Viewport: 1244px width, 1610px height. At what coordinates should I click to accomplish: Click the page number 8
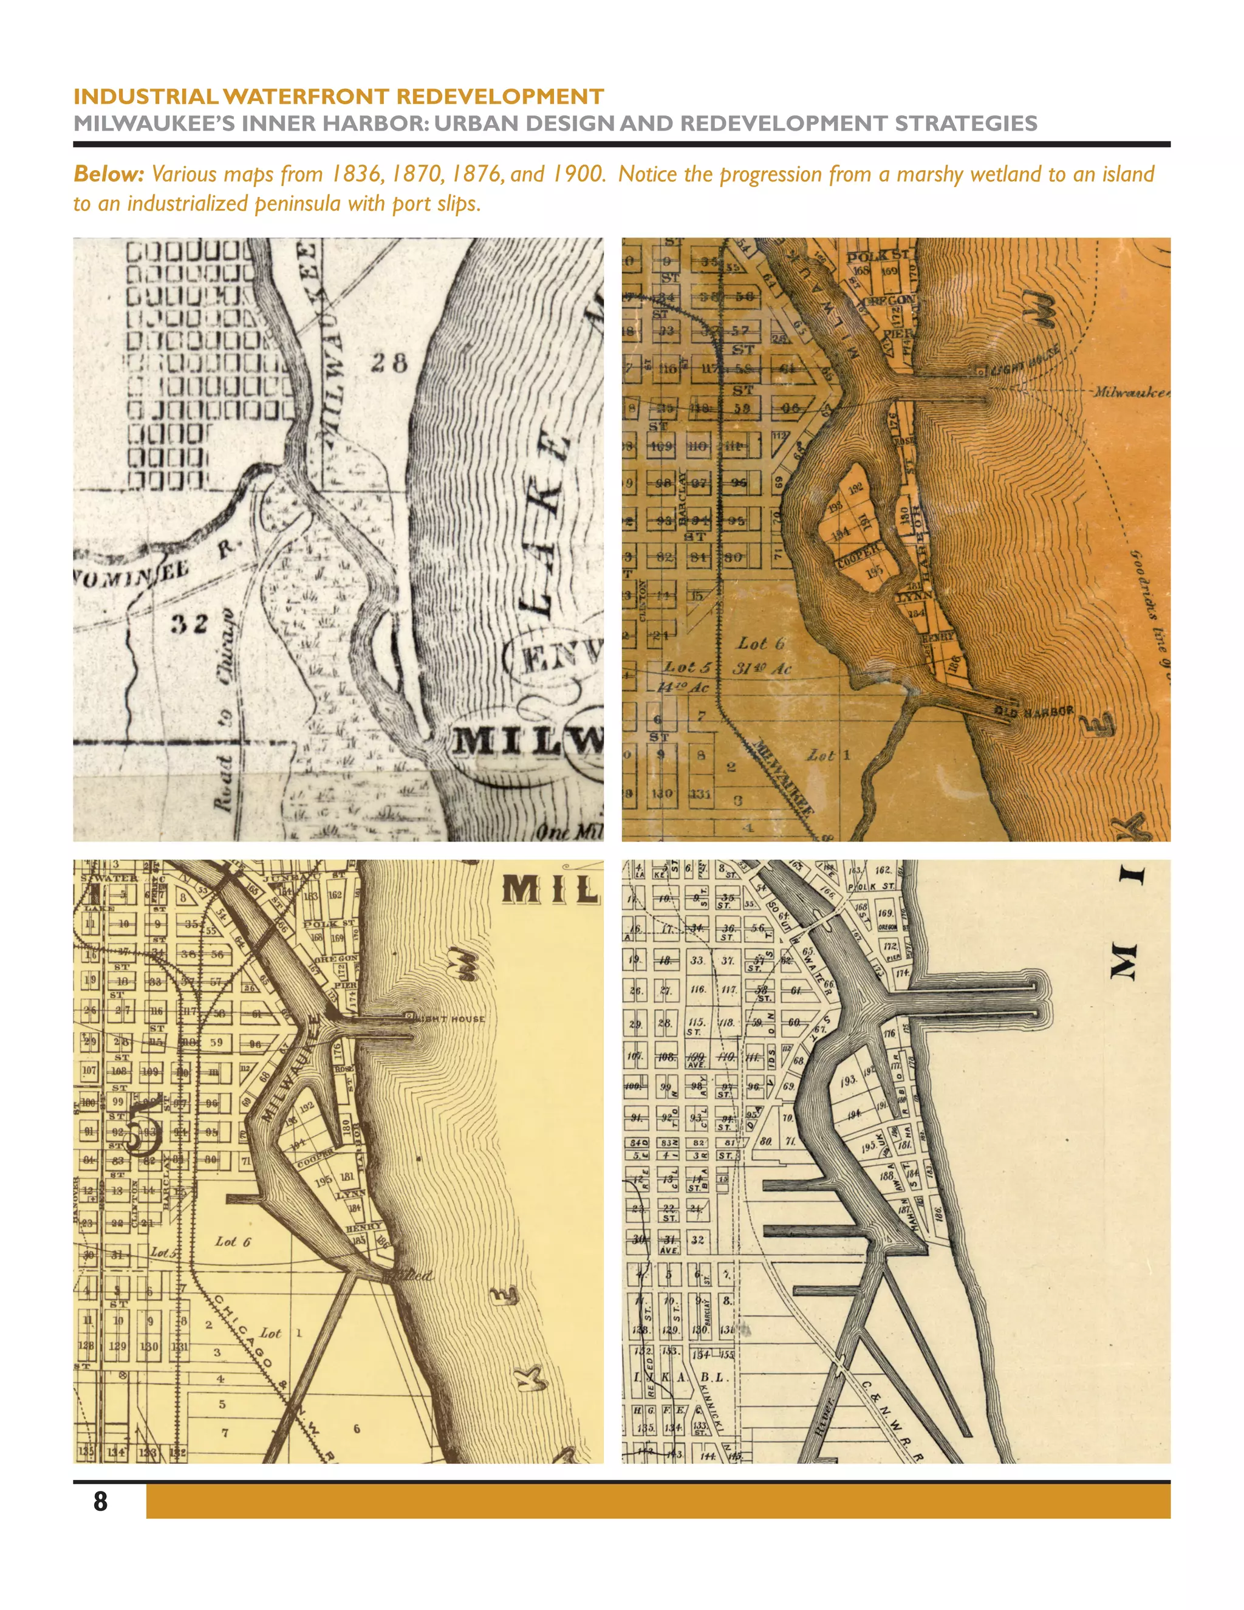pyautogui.click(x=100, y=1501)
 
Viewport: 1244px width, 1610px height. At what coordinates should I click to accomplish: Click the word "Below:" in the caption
pyautogui.click(x=108, y=174)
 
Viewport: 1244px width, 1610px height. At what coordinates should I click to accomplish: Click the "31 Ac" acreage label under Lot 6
pyautogui.click(x=761, y=668)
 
